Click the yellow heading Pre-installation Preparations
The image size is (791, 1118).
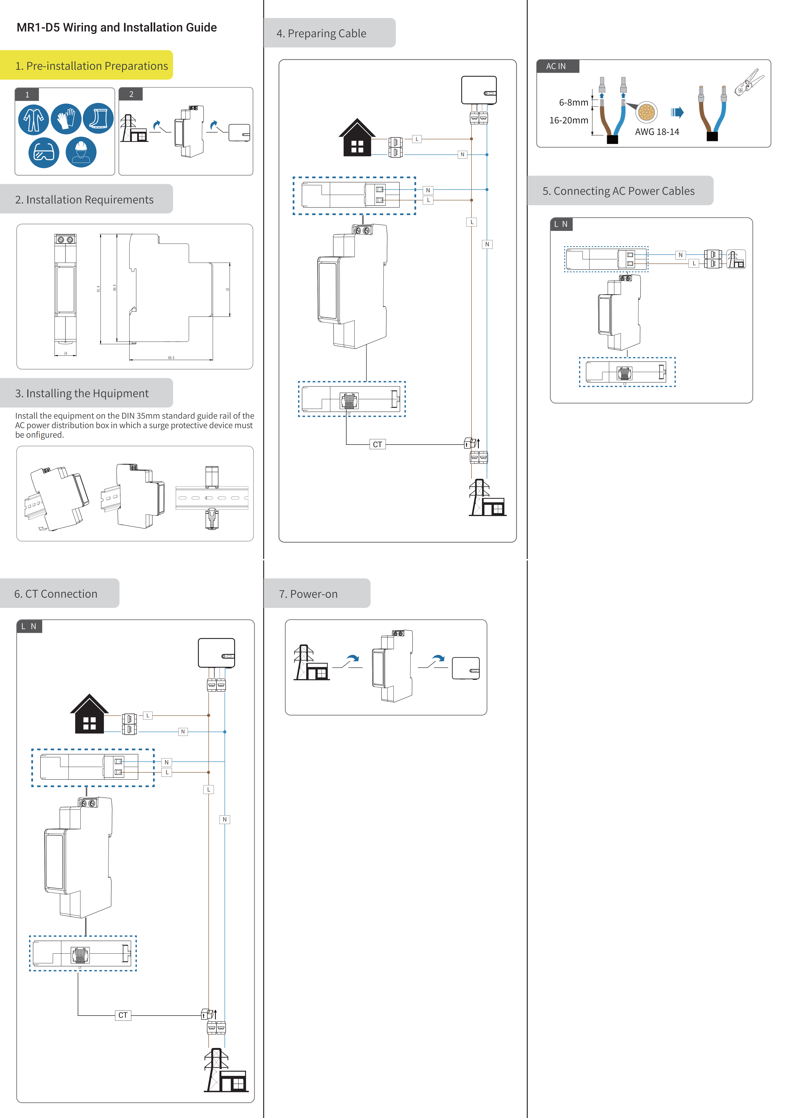click(x=92, y=66)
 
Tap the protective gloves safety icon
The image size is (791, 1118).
click(x=66, y=119)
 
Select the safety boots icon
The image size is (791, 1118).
click(x=98, y=119)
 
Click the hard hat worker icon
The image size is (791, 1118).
click(x=81, y=152)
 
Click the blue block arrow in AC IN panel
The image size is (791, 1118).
click(x=677, y=113)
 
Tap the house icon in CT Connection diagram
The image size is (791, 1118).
click(x=89, y=714)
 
